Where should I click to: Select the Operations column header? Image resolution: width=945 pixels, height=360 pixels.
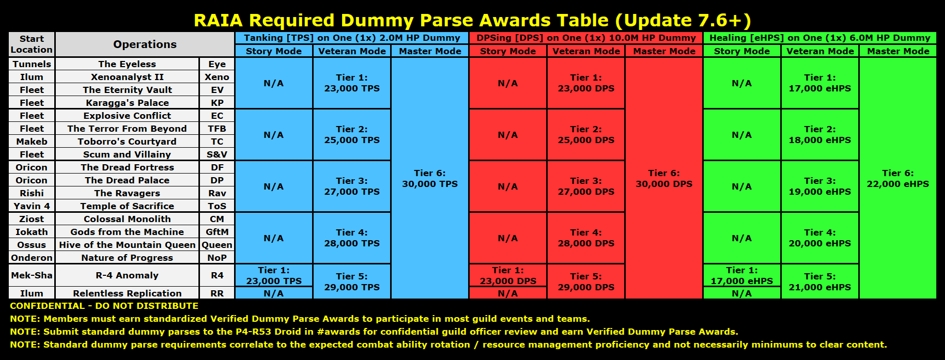[145, 44]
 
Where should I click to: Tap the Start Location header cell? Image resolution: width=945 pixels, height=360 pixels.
[32, 44]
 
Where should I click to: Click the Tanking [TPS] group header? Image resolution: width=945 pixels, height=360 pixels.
[352, 38]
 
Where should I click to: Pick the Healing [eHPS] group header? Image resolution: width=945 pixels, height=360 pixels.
[820, 38]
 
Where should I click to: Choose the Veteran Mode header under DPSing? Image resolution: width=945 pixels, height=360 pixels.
[586, 51]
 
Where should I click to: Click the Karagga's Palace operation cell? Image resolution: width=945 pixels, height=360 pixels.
[127, 103]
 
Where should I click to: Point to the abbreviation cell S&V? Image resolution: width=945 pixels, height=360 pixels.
[217, 154]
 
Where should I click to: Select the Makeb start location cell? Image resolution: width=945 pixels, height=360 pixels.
[32, 142]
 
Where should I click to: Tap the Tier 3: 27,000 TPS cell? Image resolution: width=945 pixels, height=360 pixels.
[352, 186]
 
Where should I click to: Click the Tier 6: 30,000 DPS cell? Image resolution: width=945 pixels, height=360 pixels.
[664, 178]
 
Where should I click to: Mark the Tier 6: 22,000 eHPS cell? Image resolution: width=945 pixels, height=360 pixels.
[898, 178]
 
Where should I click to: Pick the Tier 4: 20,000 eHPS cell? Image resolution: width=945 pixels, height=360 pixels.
[820, 238]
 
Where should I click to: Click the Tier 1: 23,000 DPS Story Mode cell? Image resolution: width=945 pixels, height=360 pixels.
[508, 275]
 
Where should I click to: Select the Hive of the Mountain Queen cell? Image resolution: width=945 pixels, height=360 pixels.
[127, 245]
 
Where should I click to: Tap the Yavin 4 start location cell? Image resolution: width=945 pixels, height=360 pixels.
[32, 206]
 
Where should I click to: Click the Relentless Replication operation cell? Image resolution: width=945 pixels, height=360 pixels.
[127, 293]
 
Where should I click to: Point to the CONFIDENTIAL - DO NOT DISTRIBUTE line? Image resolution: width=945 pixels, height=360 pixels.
[104, 306]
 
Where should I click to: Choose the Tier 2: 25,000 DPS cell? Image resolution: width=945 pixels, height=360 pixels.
[586, 135]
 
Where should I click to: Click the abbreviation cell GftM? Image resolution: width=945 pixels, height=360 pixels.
[217, 232]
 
